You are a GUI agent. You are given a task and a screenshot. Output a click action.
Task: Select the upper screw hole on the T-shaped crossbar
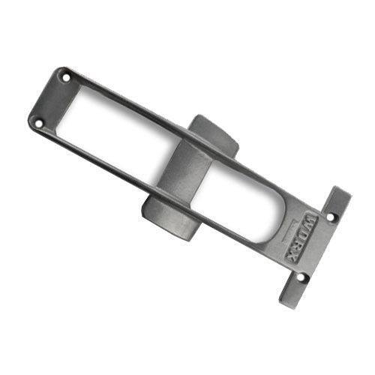point(334,217)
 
